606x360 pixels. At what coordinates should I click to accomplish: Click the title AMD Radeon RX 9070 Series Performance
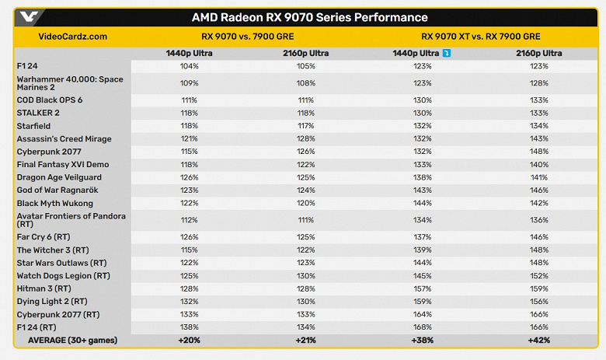coord(309,17)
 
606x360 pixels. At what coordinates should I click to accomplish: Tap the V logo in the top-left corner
coord(29,17)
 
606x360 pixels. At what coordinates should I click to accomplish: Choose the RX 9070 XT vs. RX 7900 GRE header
coord(480,36)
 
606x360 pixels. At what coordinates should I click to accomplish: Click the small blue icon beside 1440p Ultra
coord(447,53)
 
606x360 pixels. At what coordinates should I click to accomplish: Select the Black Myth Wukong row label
coord(54,203)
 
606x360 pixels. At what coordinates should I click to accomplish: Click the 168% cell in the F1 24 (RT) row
coord(423,327)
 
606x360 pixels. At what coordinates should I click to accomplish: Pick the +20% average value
coord(189,341)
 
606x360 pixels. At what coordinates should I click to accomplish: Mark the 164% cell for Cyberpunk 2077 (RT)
coord(423,314)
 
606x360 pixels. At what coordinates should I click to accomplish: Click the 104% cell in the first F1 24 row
coord(189,66)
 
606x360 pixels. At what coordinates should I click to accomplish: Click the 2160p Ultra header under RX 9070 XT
coord(538,53)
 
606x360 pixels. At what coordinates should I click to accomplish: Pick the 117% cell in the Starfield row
coord(305,126)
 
